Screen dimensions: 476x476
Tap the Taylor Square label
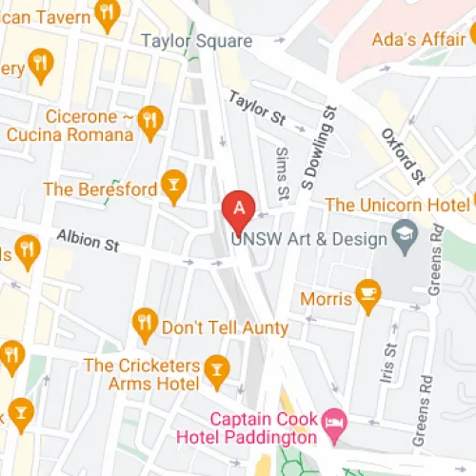click(x=196, y=41)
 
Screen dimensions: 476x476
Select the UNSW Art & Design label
click(x=313, y=238)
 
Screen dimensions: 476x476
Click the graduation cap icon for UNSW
click(x=405, y=238)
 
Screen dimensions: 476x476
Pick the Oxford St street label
click(x=403, y=154)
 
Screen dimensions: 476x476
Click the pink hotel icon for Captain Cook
click(x=333, y=419)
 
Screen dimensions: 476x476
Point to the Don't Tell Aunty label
click(x=225, y=327)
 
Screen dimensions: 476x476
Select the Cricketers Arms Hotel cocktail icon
click(x=218, y=367)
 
